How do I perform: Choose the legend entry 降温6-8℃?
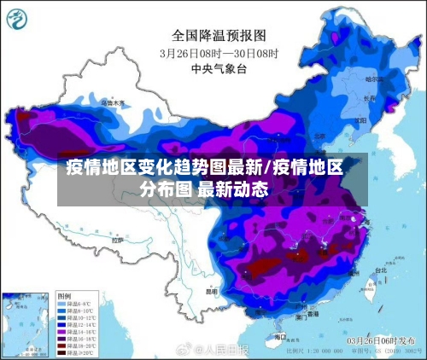pos(73,304)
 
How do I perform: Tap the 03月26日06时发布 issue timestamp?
pos(384,340)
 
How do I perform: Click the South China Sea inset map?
pos(26,323)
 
